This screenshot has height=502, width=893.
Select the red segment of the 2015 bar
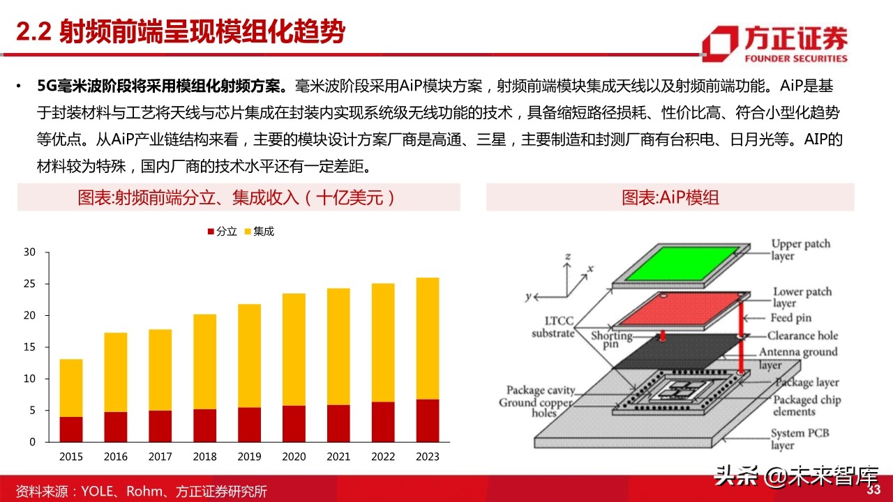coord(71,429)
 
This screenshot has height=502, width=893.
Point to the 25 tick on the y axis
coord(29,284)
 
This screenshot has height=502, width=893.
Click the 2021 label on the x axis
coord(338,456)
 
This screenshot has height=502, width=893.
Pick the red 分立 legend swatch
coord(211,231)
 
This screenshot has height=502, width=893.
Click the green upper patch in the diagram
coord(681,264)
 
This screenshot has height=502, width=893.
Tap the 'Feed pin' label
coord(791,318)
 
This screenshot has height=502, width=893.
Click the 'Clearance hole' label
coord(802,336)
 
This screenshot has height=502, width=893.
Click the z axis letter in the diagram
coord(568,257)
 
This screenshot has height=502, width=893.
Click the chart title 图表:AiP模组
coord(670,197)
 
